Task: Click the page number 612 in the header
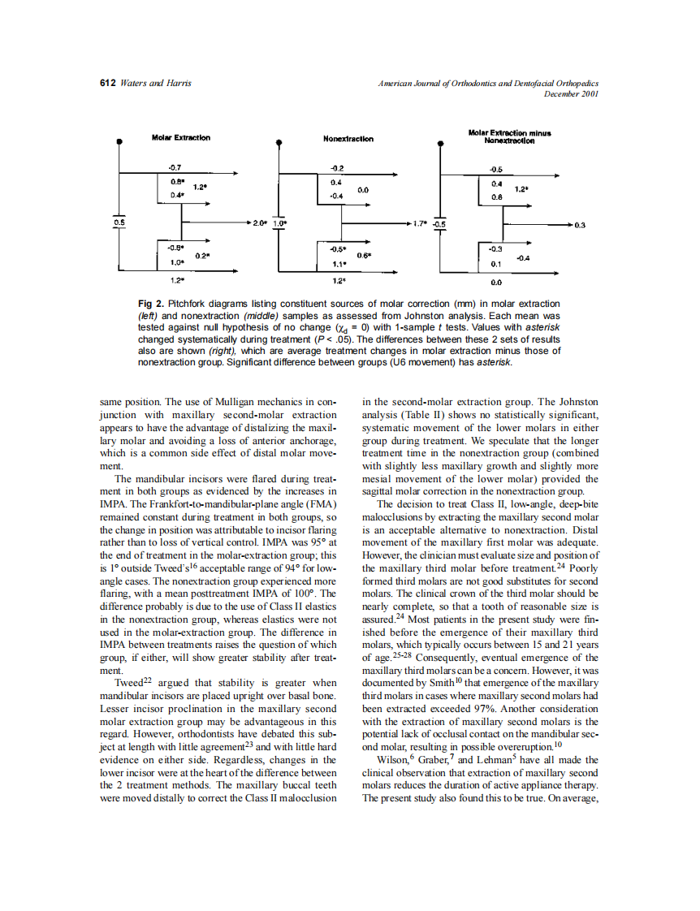107,84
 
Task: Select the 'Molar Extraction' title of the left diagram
180,138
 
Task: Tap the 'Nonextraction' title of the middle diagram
348,139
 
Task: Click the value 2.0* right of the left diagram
260,222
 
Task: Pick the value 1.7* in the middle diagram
421,222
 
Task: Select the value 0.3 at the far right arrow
579,224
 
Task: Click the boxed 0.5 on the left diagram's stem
119,222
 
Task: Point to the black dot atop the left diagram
120,140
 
